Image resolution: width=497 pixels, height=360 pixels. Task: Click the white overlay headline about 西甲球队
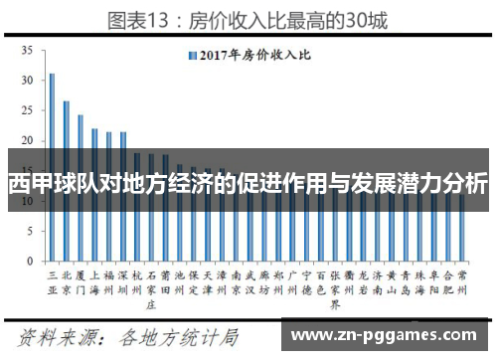(x=248, y=184)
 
